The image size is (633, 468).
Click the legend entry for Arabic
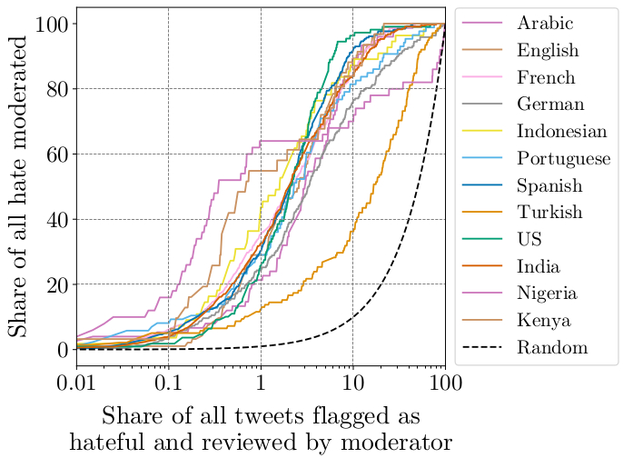click(541, 22)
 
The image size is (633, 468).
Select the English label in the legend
click(544, 49)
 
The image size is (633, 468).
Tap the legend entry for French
click(542, 76)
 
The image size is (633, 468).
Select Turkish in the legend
click(545, 213)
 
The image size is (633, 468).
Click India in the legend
click(536, 266)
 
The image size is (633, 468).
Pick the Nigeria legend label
click(543, 294)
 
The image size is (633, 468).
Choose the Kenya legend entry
click(539, 321)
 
